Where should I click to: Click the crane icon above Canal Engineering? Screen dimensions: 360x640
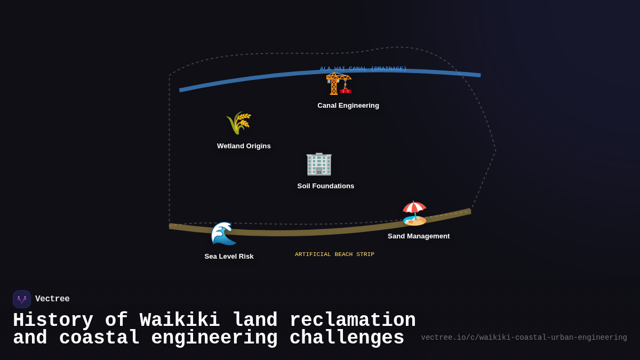click(x=338, y=84)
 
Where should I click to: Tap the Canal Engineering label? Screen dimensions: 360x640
click(x=348, y=106)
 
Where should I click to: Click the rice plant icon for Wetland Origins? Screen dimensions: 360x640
click(x=238, y=123)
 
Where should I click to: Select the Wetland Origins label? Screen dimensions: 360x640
click(x=244, y=146)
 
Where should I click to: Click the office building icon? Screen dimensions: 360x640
click(x=319, y=164)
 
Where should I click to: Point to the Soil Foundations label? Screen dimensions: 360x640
click(x=326, y=186)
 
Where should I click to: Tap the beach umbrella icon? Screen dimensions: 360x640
click(x=414, y=213)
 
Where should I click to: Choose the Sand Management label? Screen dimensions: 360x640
click(x=419, y=236)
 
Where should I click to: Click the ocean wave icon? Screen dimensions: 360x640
click(x=223, y=234)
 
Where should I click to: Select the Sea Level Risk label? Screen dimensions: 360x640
click(x=229, y=257)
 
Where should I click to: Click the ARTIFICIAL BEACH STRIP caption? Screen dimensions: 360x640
click(x=334, y=254)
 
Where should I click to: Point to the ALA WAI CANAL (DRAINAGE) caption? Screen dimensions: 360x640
click(x=363, y=69)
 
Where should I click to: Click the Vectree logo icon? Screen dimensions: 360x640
click(x=22, y=299)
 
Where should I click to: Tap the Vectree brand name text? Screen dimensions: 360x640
click(x=52, y=299)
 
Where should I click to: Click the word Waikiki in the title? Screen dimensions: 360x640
click(x=180, y=321)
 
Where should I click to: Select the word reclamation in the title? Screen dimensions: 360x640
click(x=353, y=321)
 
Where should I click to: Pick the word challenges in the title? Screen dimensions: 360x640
click(x=347, y=338)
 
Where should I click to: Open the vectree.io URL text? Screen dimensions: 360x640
click(x=524, y=338)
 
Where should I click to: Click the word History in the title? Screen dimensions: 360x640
click(x=53, y=321)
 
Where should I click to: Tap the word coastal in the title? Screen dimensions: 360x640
click(x=99, y=338)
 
